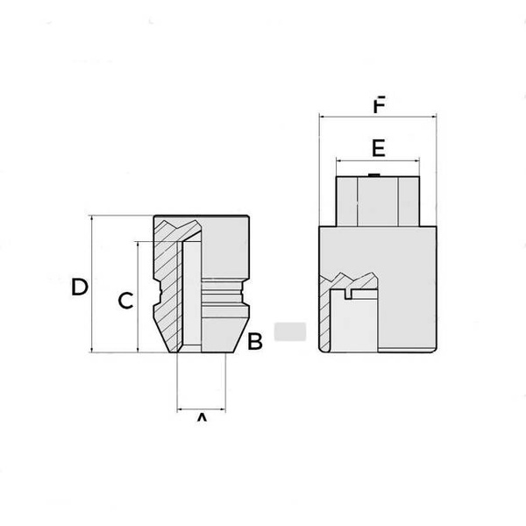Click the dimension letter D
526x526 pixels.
[80, 287]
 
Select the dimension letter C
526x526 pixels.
[125, 301]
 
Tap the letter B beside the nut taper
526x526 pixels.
[255, 342]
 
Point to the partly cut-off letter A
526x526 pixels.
[201, 419]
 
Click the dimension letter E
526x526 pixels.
[378, 146]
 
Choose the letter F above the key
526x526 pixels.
[378, 106]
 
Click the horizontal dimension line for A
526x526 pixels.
[201, 409]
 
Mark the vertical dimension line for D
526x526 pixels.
[92, 285]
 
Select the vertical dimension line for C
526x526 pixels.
[138, 298]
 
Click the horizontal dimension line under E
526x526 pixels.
[378, 160]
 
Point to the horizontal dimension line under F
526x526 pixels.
[378, 115]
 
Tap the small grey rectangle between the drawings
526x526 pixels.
[289, 332]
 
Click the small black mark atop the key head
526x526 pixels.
[374, 175]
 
